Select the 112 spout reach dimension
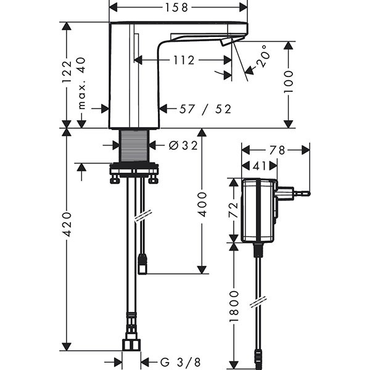pyautogui.click(x=184, y=60)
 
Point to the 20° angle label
pyautogui.click(x=261, y=56)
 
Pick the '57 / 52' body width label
pyautogui.click(x=205, y=109)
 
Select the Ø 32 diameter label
pyautogui.click(x=182, y=146)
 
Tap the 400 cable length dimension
pyautogui.click(x=202, y=203)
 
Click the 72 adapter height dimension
pyautogui.click(x=234, y=211)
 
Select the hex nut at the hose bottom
pyautogui.click(x=131, y=343)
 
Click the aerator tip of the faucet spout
pyautogui.click(x=227, y=41)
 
